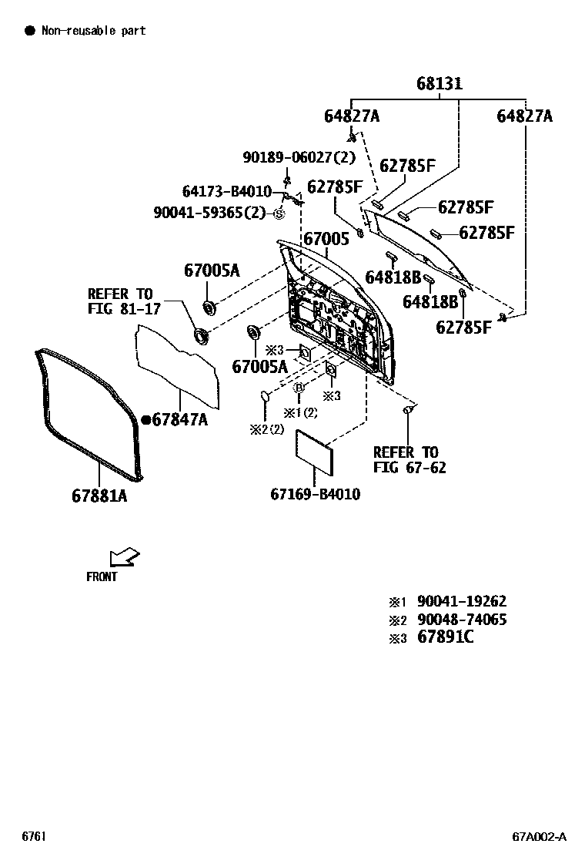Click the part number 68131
[x=440, y=83]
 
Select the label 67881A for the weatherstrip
[x=99, y=496]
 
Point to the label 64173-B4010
[x=226, y=191]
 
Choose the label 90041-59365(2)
[x=209, y=212]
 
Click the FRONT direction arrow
[x=123, y=556]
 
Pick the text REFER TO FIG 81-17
[x=120, y=301]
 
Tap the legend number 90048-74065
[x=462, y=620]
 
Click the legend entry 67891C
[x=446, y=637]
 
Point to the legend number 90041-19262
[x=462, y=601]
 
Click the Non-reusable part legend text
[x=93, y=31]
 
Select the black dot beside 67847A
[x=145, y=419]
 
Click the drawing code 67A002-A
[x=540, y=836]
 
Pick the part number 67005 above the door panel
[x=326, y=239]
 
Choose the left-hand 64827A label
[x=351, y=116]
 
